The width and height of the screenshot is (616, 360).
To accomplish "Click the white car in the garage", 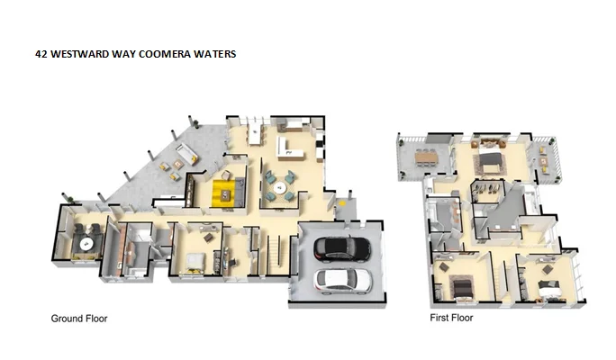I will pos(341,280).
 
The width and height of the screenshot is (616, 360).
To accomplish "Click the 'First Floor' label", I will pos(452,318).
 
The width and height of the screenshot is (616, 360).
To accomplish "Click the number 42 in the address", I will pos(41,54).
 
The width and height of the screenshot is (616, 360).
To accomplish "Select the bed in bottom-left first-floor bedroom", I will pos(461,286).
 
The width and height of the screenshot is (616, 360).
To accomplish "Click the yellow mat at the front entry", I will pos(341,204).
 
